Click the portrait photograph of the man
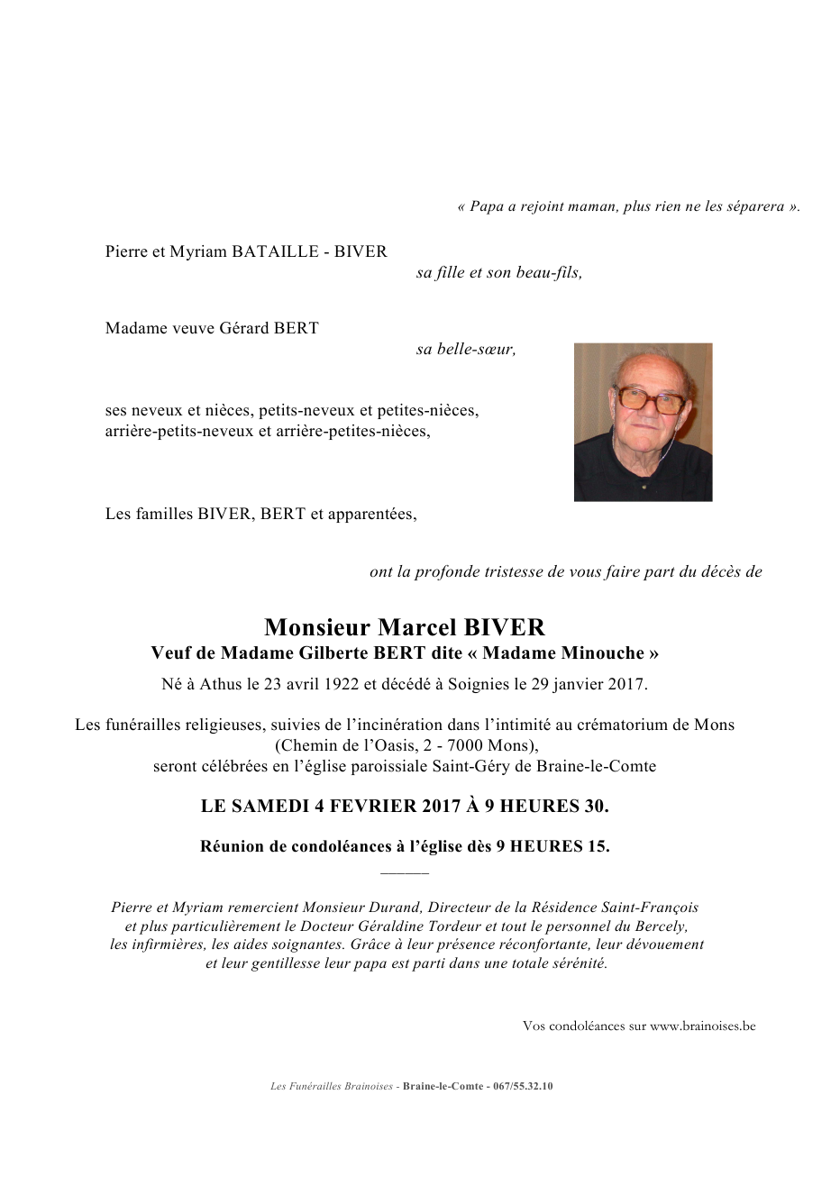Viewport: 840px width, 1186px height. click(x=643, y=422)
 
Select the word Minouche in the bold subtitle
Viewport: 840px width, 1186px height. click(x=604, y=653)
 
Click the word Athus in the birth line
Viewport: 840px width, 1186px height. click(x=221, y=684)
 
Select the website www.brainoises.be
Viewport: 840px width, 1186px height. click(x=702, y=1026)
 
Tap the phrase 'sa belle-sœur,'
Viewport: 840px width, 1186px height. click(x=466, y=350)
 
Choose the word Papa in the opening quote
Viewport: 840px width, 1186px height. click(x=487, y=206)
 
